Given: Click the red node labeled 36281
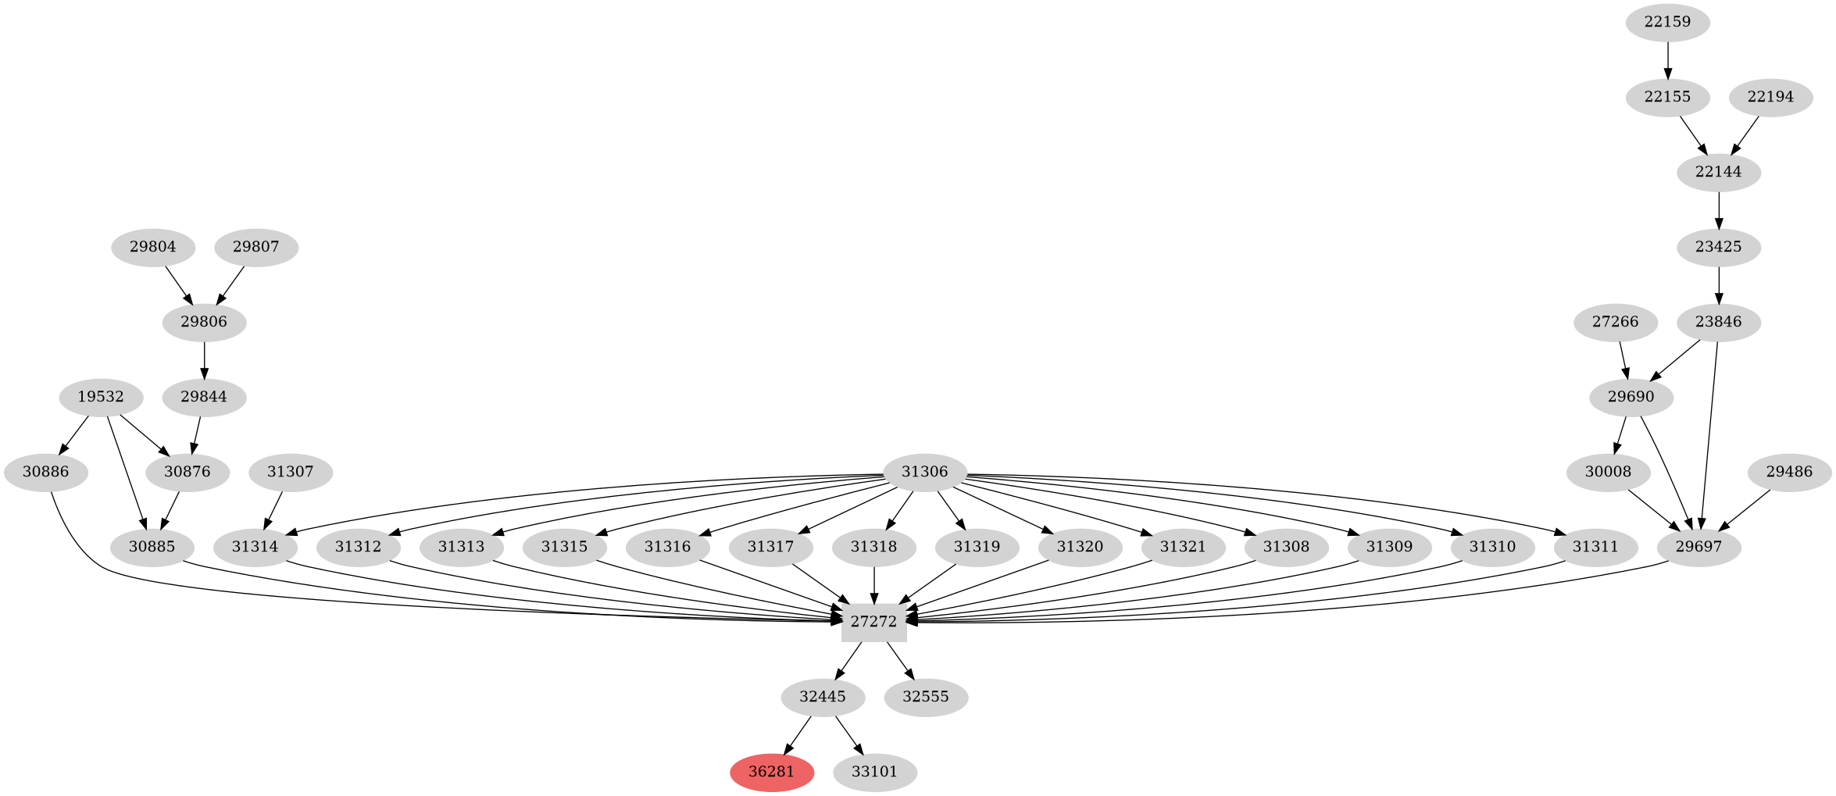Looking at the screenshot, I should click(x=772, y=772).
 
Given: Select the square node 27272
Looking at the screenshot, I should click(x=873, y=622).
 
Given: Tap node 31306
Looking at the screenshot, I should click(x=924, y=472).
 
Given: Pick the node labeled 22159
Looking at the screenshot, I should click(x=1667, y=22).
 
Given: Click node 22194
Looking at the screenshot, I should click(x=1770, y=97).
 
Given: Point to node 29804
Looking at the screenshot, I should click(x=152, y=247).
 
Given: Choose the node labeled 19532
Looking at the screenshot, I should click(x=101, y=397).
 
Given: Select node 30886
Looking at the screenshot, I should click(x=45, y=472).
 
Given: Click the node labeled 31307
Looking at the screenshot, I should click(x=290, y=472).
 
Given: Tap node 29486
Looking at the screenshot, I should click(x=1789, y=472).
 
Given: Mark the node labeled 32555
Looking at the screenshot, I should click(x=926, y=697).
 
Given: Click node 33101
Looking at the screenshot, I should click(x=874, y=772).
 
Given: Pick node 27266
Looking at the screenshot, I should click(x=1615, y=322).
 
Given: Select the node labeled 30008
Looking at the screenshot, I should click(x=1608, y=472).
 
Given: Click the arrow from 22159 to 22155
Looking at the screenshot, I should click(x=1668, y=59).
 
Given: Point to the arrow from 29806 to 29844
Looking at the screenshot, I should click(x=205, y=359).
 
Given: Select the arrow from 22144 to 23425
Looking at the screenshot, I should click(x=1719, y=209).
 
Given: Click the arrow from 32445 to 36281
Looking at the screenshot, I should click(x=798, y=735).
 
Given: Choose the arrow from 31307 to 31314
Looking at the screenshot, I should click(x=273, y=509).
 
